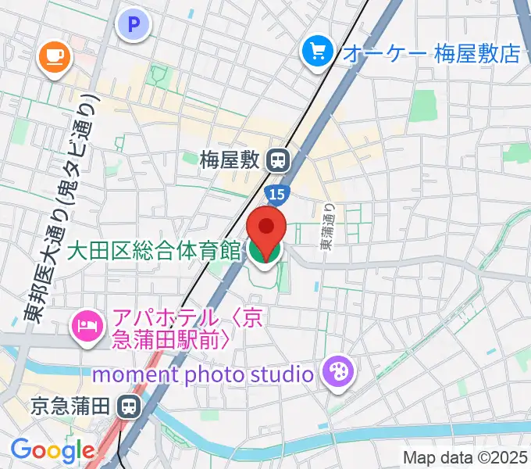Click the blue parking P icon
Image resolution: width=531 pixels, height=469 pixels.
(x=134, y=25)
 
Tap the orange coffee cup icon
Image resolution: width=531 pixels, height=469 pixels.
(x=54, y=55)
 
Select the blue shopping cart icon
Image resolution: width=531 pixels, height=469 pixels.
(x=317, y=52)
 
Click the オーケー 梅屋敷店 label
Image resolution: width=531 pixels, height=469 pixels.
(x=431, y=53)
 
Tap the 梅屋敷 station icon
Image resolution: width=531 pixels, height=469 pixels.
(x=276, y=161)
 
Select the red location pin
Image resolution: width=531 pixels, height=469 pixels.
(x=266, y=228)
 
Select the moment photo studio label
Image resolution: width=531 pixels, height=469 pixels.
(x=203, y=374)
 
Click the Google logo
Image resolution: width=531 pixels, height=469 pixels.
(x=52, y=449)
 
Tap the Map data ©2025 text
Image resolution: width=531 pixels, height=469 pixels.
(x=465, y=457)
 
